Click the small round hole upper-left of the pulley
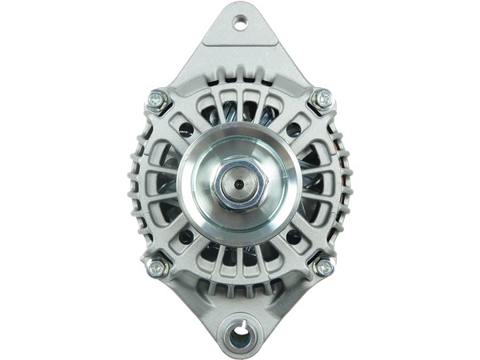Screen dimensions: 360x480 click(x=185, y=127)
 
